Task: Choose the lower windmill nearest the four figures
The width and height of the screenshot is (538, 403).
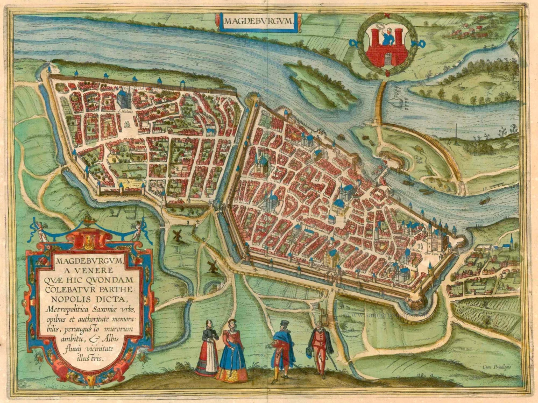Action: tap(212, 266)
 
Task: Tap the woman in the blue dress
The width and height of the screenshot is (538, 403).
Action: tap(232, 352)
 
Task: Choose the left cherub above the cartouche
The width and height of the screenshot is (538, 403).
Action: tap(40, 229)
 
